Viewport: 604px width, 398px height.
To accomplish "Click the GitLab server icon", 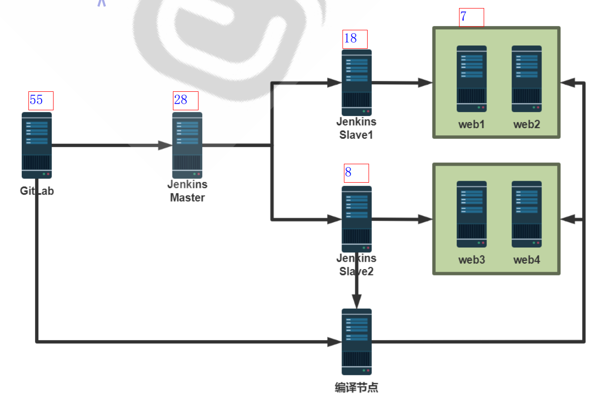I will [36, 145].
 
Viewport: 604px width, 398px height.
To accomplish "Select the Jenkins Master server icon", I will [187, 145].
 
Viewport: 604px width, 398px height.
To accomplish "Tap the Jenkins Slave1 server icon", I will [357, 83].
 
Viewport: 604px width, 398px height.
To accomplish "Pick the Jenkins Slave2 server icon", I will [357, 219].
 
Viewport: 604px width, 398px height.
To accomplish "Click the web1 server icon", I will [471, 79].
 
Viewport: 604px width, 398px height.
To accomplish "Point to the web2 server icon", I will [526, 79].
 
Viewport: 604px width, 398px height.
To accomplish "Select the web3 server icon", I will [471, 214].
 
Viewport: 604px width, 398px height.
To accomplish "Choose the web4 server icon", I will [526, 214].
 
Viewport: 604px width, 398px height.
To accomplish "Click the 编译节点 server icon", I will [357, 342].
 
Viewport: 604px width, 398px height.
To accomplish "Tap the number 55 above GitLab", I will [36, 100].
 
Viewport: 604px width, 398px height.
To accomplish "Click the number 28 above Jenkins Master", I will [180, 100].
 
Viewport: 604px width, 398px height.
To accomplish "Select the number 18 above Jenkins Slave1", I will [351, 38].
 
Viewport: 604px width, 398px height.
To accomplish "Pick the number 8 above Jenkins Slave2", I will [348, 172].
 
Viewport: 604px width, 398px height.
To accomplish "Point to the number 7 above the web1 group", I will [463, 17].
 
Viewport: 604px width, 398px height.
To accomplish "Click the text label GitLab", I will [37, 191].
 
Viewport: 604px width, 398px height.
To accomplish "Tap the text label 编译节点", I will [357, 388].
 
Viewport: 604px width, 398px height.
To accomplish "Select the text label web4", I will [526, 260].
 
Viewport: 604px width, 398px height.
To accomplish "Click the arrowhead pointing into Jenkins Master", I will [165, 145].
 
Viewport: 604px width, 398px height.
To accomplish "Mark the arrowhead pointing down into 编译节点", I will [357, 302].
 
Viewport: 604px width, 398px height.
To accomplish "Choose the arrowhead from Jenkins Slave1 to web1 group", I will [425, 83].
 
